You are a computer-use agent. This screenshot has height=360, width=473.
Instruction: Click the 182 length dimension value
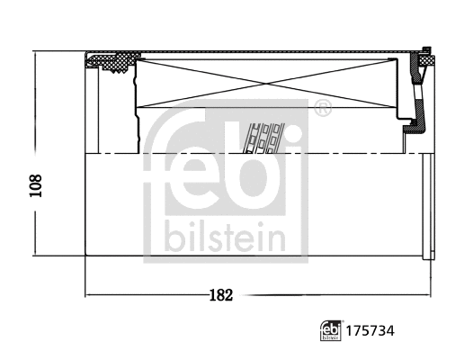click(219, 294)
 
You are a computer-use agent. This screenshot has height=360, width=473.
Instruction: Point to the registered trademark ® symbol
click(323, 110)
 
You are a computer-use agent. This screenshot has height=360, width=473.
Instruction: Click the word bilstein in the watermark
click(225, 238)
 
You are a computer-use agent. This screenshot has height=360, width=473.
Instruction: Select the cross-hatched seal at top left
click(113, 62)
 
